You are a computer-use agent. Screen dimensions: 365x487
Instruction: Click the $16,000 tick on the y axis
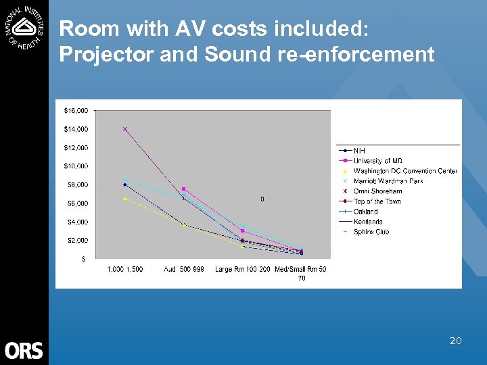76,110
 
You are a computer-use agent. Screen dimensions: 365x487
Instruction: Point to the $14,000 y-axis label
76,129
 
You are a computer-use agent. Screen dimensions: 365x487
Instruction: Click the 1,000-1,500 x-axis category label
125,270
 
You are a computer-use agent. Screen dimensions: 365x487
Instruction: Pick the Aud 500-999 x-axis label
184,270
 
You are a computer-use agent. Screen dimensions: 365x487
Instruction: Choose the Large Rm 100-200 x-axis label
243,270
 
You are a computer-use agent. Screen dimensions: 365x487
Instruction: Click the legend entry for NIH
359,150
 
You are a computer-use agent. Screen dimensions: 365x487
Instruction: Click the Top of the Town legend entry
377,201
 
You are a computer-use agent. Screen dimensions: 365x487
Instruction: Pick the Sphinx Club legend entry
371,232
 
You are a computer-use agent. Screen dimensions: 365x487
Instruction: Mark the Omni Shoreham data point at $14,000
125,129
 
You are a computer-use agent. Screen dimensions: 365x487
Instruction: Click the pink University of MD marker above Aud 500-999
184,189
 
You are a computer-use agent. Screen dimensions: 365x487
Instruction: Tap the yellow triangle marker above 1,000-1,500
125,198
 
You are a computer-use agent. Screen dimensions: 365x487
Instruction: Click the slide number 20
455,341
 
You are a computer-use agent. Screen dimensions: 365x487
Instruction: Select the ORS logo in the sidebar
24,350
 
